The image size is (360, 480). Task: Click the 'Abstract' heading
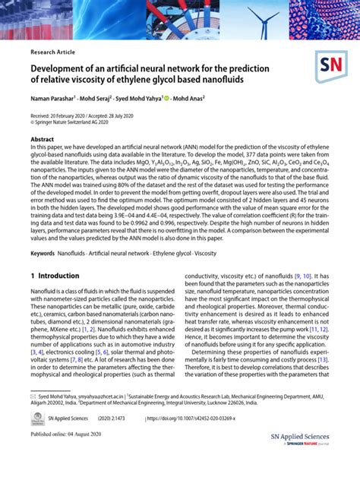42,139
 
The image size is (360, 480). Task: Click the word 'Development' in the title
64,68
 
